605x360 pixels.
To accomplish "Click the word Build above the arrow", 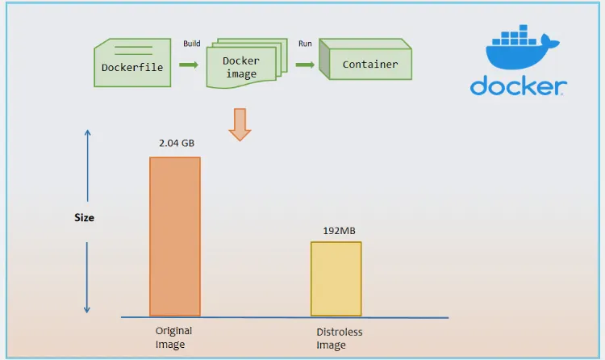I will click(192, 44).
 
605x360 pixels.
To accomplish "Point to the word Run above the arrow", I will click(306, 44).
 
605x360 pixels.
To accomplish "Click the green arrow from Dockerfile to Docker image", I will click(189, 65).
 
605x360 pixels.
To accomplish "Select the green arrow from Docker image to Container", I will click(305, 65).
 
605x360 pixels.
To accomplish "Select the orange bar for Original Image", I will click(175, 236).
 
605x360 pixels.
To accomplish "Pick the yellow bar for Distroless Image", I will click(336, 278).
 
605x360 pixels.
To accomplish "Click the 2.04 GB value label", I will click(177, 143).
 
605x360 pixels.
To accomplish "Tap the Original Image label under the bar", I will click(173, 337).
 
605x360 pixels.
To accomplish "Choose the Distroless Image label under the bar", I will click(339, 338).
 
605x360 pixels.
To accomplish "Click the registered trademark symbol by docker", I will click(564, 93).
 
